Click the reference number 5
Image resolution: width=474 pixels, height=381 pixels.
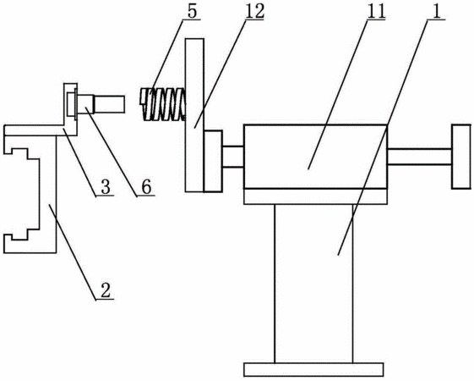click(x=192, y=11)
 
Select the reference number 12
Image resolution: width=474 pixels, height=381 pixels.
click(x=255, y=11)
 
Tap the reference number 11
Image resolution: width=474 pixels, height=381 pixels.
click(x=376, y=12)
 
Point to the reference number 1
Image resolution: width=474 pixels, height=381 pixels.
click(x=437, y=12)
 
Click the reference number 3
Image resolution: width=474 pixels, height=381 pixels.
click(x=106, y=187)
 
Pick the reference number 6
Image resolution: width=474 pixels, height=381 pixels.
click(x=146, y=187)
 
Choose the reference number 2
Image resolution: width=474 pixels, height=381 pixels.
click(x=106, y=290)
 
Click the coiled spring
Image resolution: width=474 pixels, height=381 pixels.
click(x=162, y=104)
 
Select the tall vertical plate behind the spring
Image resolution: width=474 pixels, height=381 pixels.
click(x=194, y=115)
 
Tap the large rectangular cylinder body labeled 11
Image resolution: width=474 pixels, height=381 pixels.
click(x=315, y=157)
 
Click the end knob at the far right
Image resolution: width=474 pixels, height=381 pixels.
click(x=461, y=157)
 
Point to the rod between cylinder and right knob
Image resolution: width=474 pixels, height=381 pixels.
click(x=420, y=157)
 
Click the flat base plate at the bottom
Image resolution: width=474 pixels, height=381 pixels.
click(x=313, y=369)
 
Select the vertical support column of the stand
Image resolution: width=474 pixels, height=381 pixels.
click(x=313, y=284)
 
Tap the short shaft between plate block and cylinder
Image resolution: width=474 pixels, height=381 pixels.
click(x=233, y=157)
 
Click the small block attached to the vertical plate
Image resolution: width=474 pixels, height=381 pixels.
click(x=214, y=161)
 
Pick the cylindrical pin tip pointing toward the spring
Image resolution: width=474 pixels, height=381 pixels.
click(x=110, y=104)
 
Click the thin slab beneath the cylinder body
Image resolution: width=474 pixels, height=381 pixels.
click(x=315, y=196)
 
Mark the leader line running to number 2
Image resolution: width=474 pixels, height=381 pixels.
click(x=73, y=252)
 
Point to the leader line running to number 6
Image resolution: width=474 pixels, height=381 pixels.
click(x=112, y=152)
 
